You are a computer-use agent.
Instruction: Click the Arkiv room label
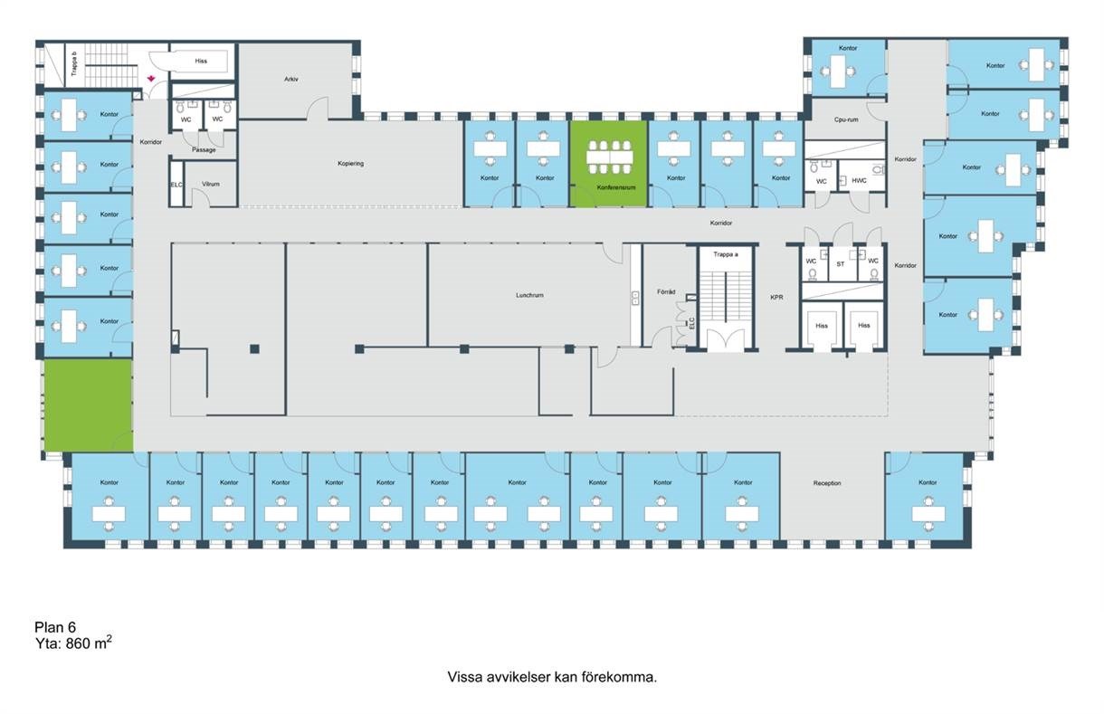tap(290, 79)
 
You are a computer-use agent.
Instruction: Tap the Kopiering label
tap(350, 163)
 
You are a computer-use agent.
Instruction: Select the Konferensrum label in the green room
tap(616, 187)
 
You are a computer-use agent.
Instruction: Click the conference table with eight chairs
tap(610, 157)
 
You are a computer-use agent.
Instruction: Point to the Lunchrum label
tap(529, 295)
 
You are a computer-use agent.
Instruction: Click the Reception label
tap(827, 483)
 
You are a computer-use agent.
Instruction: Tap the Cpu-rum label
tap(846, 119)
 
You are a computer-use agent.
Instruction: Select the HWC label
tap(859, 181)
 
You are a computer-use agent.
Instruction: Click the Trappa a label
tap(726, 255)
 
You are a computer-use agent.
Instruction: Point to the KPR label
tap(776, 298)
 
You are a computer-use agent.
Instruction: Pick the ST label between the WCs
tap(841, 264)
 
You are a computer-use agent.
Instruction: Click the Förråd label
tap(666, 291)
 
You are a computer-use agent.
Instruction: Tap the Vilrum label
tap(211, 184)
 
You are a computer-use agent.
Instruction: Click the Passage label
tap(204, 150)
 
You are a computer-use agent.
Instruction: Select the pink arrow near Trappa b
tap(151, 79)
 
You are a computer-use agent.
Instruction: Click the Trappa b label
tap(74, 63)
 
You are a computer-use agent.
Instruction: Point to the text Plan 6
tap(55, 627)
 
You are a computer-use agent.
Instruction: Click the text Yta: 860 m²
tap(73, 643)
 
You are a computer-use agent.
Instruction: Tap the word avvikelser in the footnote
tap(519, 677)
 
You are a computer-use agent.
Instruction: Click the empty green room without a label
tap(89, 405)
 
